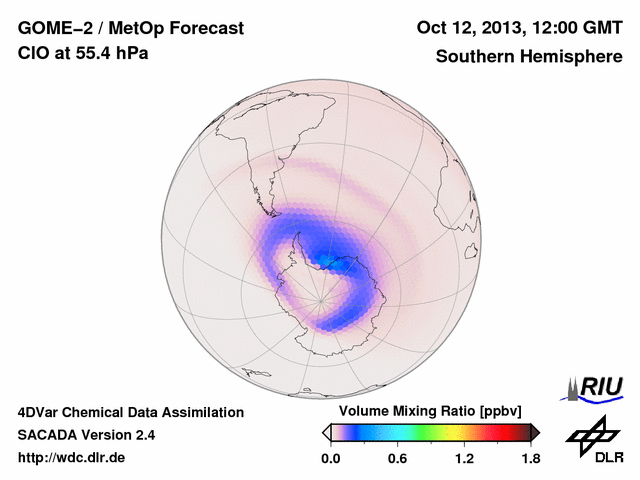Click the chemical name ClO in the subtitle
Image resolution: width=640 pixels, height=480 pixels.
point(32,53)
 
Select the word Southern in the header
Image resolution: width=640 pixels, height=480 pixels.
point(472,57)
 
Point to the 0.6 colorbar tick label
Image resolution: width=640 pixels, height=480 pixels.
point(397,459)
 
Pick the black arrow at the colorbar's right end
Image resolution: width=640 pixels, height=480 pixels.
point(536,432)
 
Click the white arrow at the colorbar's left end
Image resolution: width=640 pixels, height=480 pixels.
point(326,432)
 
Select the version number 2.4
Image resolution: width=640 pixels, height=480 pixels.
point(143,435)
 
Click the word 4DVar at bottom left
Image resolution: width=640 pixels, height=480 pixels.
point(42,412)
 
